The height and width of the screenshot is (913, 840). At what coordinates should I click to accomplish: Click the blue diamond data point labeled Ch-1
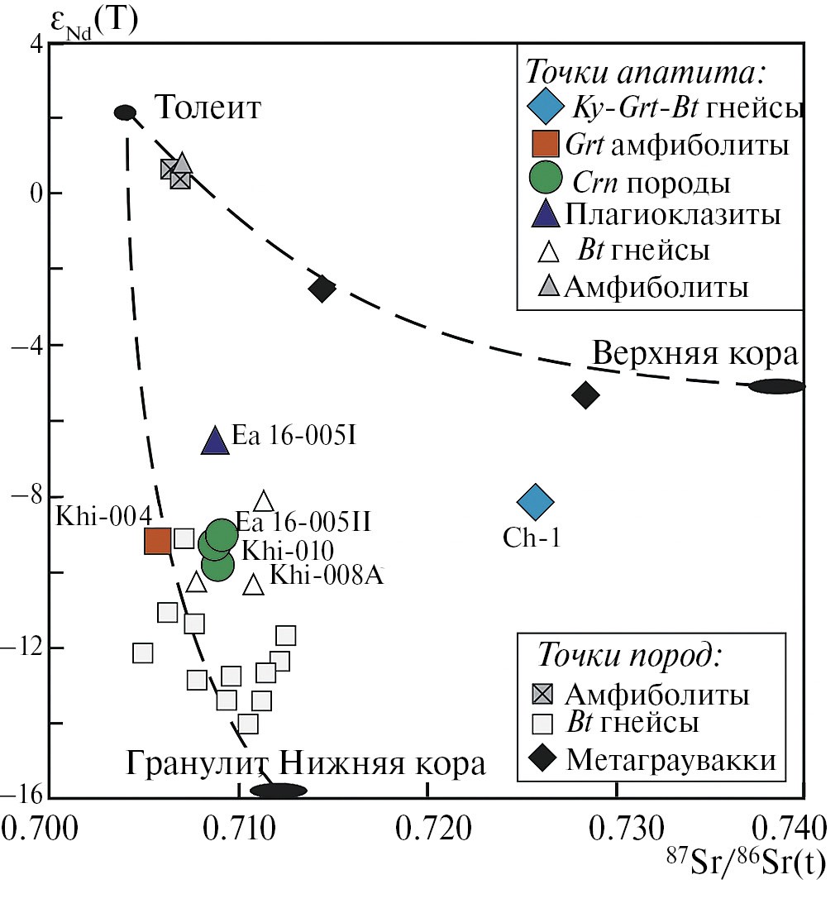click(535, 500)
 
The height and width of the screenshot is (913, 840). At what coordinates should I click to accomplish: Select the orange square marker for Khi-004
click(158, 541)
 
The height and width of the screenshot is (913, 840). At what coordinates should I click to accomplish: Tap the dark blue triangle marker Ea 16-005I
click(215, 441)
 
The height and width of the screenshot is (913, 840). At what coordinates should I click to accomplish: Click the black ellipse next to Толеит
click(125, 112)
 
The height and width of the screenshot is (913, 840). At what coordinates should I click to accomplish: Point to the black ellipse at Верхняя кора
click(776, 386)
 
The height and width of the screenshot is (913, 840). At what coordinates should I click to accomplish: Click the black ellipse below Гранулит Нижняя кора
click(279, 791)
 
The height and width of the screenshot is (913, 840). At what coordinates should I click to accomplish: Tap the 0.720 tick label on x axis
click(427, 826)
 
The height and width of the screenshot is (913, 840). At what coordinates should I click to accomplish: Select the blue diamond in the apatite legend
click(544, 108)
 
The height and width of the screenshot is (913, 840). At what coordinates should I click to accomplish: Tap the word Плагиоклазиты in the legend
click(673, 215)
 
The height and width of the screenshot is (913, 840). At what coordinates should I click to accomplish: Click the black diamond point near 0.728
click(585, 395)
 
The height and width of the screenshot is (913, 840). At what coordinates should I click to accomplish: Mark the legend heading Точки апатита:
click(646, 72)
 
